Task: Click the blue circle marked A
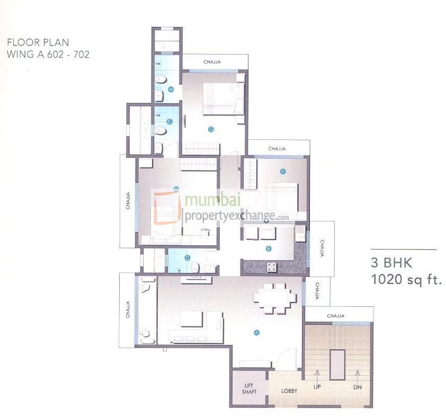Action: (256, 332)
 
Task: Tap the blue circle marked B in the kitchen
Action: (269, 248)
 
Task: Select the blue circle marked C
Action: (187, 258)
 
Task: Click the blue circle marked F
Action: (283, 171)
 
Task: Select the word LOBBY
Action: (289, 391)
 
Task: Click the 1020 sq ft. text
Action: (406, 279)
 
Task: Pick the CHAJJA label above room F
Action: (276, 149)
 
